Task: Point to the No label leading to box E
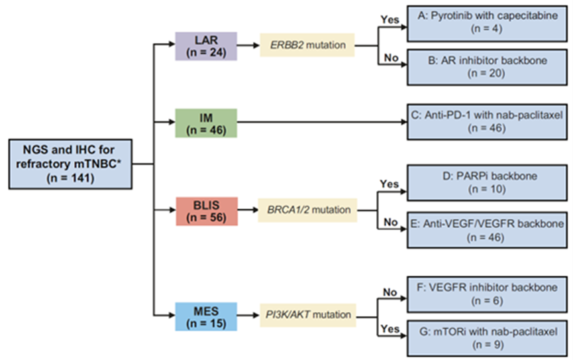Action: pyautogui.click(x=390, y=221)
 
